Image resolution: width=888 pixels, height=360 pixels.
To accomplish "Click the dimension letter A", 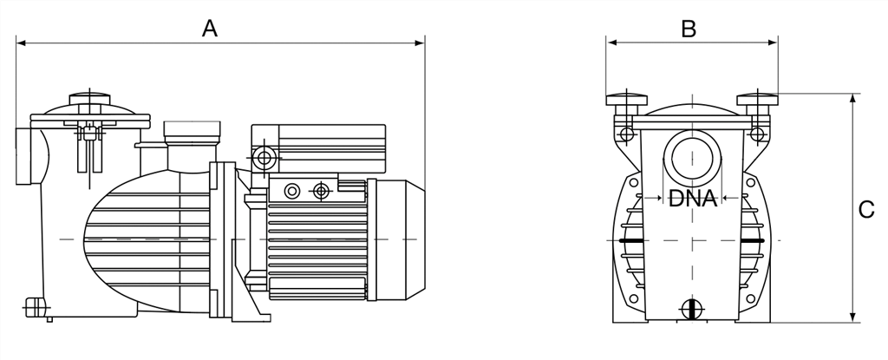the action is point(210,28).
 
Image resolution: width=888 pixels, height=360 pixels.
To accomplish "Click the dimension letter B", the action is point(689,29).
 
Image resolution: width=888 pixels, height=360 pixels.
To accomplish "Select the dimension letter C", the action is point(866,210).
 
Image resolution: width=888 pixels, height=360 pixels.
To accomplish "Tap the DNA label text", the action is point(693,199).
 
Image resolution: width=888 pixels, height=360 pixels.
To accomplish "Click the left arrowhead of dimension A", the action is point(21,43).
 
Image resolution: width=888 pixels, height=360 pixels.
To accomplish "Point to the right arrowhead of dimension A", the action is point(420,43).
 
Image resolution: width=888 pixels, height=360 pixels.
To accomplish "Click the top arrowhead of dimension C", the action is point(852,99).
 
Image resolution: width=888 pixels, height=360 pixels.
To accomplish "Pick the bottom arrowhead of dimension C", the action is point(852,317).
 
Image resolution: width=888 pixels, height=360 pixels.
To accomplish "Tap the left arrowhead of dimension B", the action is point(611,43).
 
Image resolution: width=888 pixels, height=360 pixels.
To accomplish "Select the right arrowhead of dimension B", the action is point(773,43).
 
